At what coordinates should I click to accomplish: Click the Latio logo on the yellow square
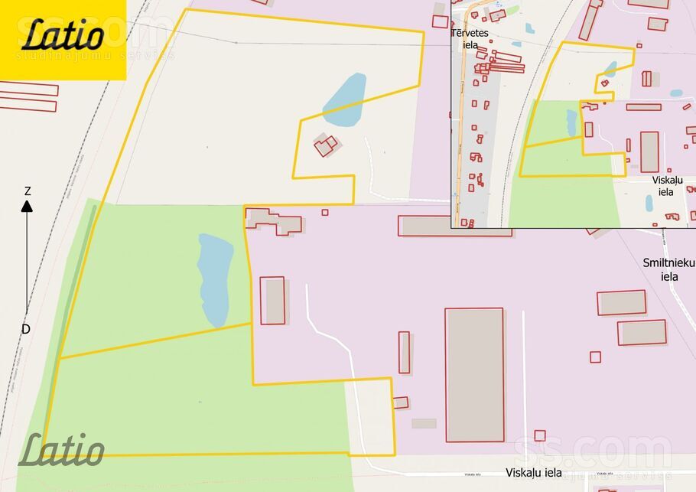tap(63, 35)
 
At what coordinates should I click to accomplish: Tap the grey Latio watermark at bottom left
tap(61, 451)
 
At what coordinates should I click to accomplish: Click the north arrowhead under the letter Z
tap(27, 206)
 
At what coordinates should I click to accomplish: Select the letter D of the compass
tap(25, 329)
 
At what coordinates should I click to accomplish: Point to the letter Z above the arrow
tap(28, 191)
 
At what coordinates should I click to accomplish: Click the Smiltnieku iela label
tap(668, 269)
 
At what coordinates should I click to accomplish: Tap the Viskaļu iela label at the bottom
tap(534, 473)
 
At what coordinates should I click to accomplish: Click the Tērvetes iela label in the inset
tap(470, 38)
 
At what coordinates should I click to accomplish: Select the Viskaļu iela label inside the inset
tap(666, 186)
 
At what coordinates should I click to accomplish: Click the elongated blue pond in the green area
tap(215, 279)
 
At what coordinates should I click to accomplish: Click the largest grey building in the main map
tap(474, 375)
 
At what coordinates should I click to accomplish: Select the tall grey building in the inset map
tap(649, 152)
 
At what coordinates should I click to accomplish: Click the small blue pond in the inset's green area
tap(571, 122)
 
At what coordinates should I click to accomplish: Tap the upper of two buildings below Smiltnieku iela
tap(621, 302)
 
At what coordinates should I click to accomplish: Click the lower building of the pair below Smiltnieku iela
tap(642, 332)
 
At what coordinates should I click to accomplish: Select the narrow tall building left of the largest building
tap(404, 352)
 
